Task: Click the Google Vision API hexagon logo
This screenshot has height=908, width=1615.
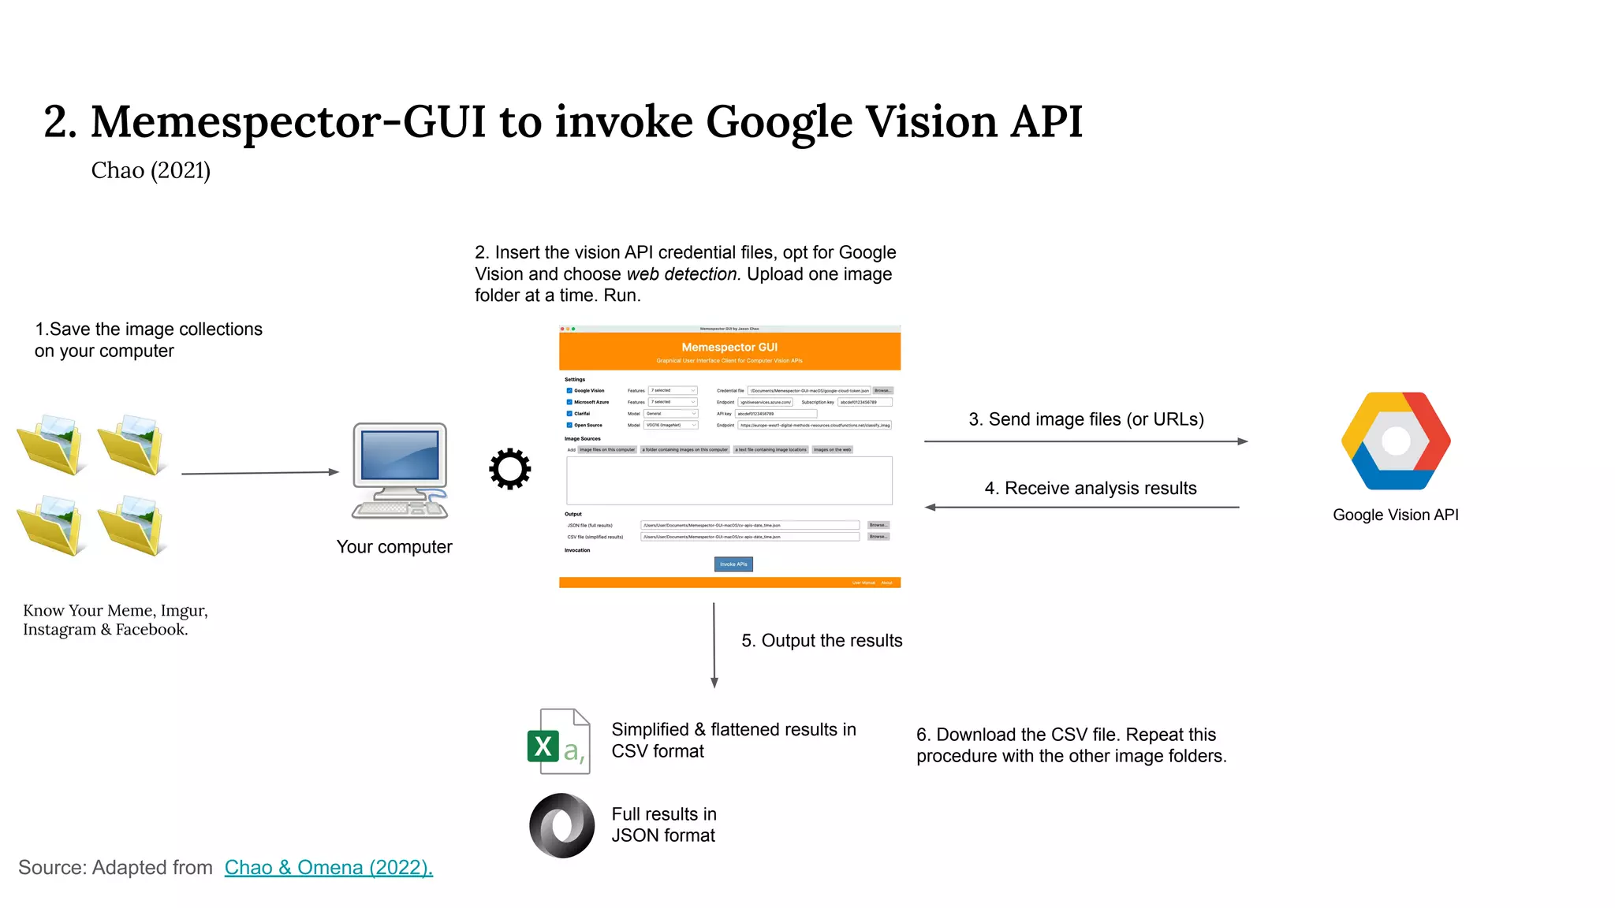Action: coord(1395,441)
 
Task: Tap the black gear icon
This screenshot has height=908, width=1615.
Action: coord(509,469)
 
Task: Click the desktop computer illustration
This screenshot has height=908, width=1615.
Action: coord(400,471)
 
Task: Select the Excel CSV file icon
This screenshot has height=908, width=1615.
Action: coord(558,742)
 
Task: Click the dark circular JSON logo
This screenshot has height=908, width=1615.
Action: coord(561,825)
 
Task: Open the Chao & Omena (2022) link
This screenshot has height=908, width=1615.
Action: coord(328,867)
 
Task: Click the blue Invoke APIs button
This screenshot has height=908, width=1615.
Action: coord(733,564)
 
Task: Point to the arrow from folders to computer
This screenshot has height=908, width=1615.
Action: coord(259,473)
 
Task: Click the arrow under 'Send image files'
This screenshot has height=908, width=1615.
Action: coord(1085,441)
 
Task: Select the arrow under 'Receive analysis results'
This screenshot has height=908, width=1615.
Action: coord(1082,508)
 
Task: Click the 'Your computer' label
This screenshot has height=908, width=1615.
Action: coord(394,547)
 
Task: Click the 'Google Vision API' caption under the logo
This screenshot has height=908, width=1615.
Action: coord(1395,515)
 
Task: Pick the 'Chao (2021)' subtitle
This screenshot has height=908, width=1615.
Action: coord(151,170)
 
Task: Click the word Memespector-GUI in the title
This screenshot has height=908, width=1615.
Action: coord(288,122)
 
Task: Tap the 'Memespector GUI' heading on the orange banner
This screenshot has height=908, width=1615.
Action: coord(729,347)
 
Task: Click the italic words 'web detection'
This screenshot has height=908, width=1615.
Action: coord(683,274)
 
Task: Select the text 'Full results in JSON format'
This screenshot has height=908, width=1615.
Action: coord(663,824)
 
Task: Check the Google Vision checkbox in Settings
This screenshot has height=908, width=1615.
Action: coord(569,391)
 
